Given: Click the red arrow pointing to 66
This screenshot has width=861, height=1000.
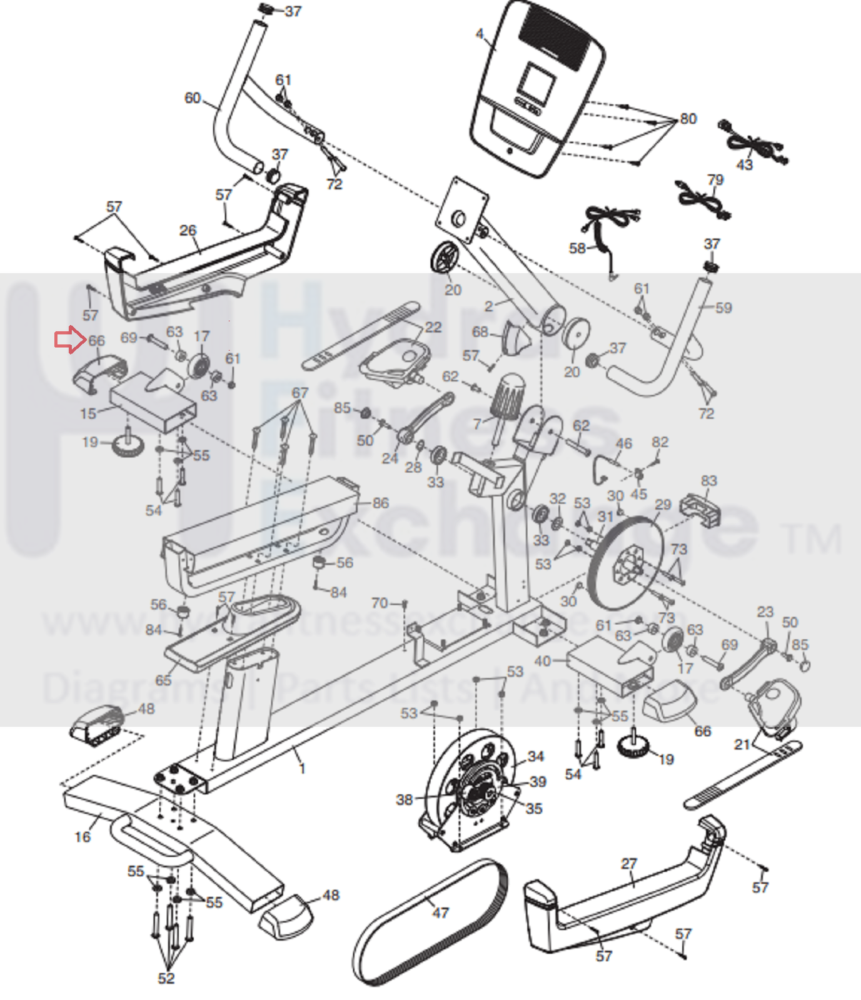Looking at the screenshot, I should point(69,340).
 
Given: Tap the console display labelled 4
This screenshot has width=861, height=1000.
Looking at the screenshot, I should point(537,88).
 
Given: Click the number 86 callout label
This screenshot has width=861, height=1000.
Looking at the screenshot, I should point(380,503).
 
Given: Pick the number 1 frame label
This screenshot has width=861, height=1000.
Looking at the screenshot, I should point(303,768).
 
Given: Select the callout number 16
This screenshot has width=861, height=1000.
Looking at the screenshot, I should point(83,837).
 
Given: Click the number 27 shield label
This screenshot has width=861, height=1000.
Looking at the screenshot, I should point(629,864).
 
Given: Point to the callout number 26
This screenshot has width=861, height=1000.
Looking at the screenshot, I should point(188,230).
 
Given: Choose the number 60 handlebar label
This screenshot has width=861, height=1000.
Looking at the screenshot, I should point(193,98).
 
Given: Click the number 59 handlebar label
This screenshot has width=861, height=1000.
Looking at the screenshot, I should point(723,308).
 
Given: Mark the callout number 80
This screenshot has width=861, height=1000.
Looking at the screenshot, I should point(688,119).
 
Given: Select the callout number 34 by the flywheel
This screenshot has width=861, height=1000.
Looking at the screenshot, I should point(536,756).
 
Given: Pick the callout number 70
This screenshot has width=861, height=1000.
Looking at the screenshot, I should point(380,603).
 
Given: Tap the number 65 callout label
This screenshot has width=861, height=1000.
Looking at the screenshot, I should point(163,680).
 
